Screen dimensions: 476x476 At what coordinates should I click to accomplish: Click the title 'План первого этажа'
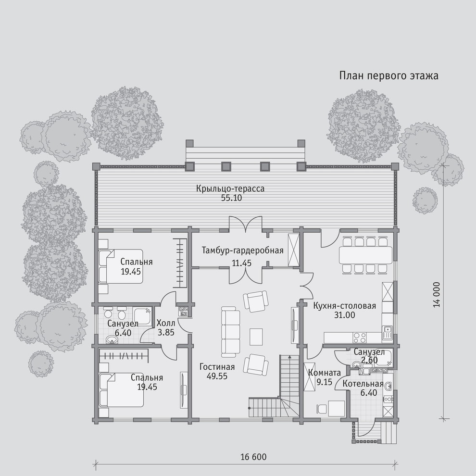pos(388,75)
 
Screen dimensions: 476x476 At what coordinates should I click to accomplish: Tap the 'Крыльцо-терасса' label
pos(230,188)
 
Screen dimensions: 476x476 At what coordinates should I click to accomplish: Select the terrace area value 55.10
pos(232,198)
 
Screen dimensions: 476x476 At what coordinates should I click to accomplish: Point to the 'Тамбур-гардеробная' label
pos(242,251)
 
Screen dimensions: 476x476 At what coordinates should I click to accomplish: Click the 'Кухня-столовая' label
pos(345,306)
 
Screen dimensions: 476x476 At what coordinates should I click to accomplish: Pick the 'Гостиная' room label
pos(217,367)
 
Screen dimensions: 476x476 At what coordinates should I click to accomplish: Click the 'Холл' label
pos(166,323)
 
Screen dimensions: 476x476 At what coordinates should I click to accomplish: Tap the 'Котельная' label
pos(363,384)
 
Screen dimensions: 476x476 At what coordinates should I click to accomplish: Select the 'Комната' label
pos(324,373)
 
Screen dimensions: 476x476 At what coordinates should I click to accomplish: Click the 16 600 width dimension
pos(253,457)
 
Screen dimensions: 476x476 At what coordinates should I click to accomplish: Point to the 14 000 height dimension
pos(437,295)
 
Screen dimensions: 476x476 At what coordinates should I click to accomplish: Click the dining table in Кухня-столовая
pos(365,255)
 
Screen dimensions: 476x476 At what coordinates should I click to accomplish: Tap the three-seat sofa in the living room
pos(230,332)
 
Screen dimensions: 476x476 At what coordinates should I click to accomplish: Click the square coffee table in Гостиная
pos(256,337)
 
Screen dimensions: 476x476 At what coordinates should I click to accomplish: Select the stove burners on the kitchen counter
pos(360,337)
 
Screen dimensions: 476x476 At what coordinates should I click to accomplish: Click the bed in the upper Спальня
pos(121,266)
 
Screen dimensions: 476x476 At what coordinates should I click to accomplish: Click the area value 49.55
pos(217,376)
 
